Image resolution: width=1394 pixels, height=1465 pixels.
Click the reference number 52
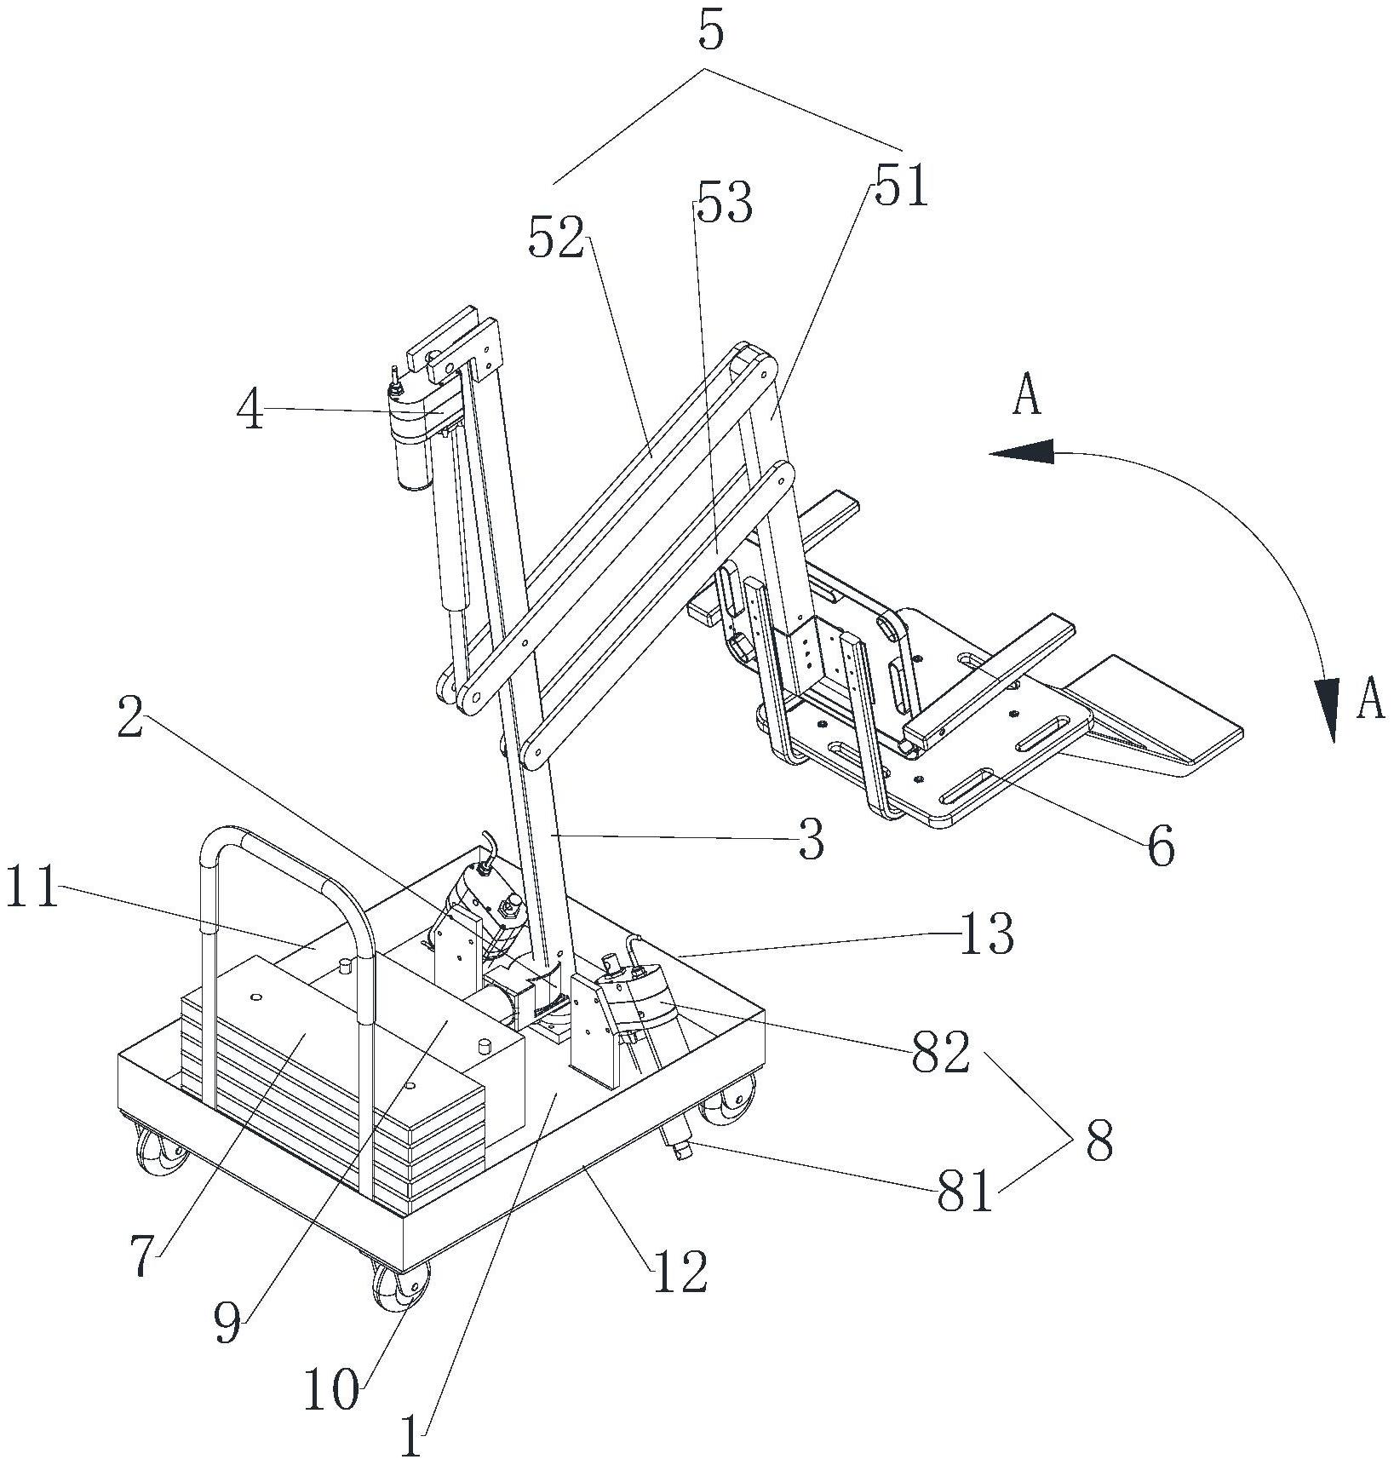[x=557, y=238]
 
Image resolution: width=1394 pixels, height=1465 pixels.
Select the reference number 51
[x=899, y=186]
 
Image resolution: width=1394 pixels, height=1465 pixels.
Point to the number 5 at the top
[x=710, y=32]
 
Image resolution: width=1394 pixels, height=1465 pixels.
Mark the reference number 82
[x=940, y=1051]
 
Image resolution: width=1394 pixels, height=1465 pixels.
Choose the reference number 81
[x=966, y=1192]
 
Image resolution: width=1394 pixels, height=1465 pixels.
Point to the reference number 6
[x=1160, y=846]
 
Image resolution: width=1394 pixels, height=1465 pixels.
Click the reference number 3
[x=811, y=839]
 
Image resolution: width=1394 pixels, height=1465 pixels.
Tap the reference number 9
[x=227, y=1323]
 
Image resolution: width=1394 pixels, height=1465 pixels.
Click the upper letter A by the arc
[x=1027, y=396]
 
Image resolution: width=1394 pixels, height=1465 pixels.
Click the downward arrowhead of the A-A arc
[x=1325, y=710]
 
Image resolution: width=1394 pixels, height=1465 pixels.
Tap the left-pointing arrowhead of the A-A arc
[x=1020, y=453]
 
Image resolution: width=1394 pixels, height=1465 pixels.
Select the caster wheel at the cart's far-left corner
[x=162, y=1151]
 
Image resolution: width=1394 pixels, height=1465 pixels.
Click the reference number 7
[x=145, y=1255]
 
